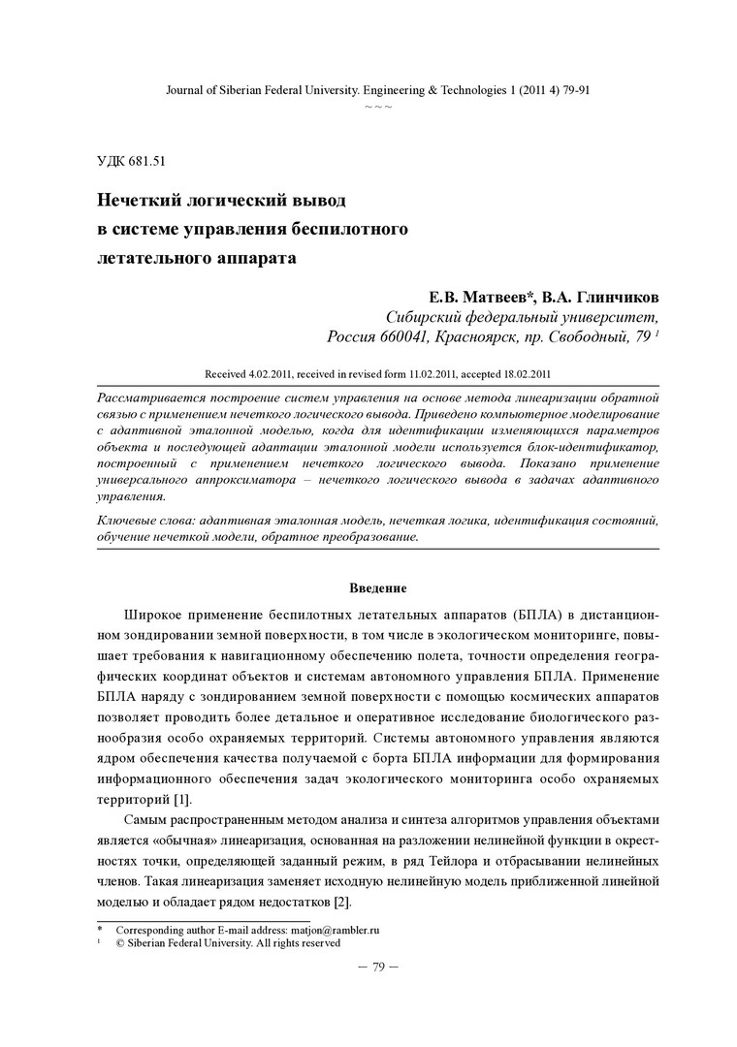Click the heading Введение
click(377, 588)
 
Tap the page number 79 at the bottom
click(378, 966)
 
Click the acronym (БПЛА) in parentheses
click(529, 616)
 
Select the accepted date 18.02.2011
click(527, 373)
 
